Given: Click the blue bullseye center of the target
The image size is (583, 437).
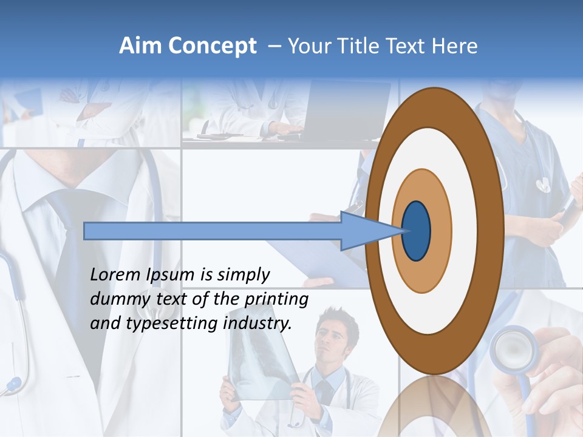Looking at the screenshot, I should (417, 231).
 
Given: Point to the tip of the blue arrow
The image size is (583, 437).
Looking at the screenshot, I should (403, 231).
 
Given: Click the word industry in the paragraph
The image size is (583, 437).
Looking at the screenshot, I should (257, 324).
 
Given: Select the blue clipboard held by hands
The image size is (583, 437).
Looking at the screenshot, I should (316, 255).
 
